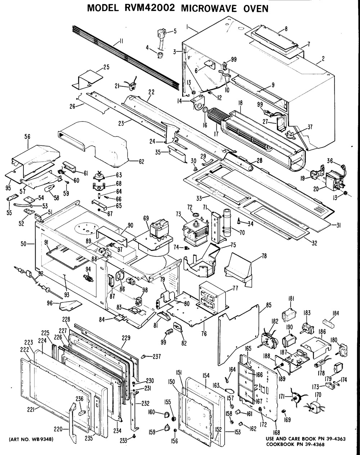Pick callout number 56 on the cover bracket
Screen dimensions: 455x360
coord(27,137)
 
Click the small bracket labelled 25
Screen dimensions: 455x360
coord(87,79)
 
